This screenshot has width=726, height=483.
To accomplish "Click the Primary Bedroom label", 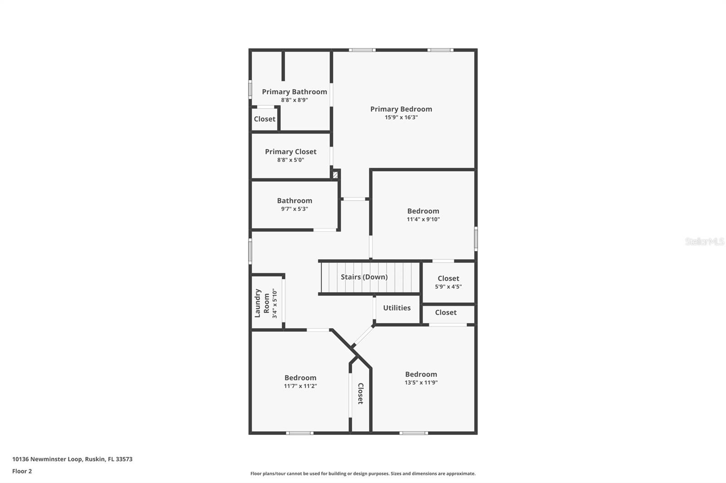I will pos(401,109).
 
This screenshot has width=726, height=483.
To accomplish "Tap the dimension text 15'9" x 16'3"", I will pos(401,117).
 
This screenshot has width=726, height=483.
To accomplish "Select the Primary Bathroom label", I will pos(294,92).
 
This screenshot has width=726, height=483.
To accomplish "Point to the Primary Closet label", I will pos(291,151).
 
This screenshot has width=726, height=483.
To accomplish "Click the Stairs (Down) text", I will pos(364,277).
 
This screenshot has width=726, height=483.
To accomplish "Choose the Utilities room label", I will pos(397,308).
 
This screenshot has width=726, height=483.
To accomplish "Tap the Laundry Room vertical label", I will pos(262,303).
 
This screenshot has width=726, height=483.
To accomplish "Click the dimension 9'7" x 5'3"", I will pos(294,209).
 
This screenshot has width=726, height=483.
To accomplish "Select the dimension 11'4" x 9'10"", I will pos(423,219).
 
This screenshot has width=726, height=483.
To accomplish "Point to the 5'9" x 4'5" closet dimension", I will pos(448,286).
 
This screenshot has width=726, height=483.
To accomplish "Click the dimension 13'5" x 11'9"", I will pos(421,382).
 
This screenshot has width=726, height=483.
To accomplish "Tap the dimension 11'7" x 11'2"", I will pos(300,386).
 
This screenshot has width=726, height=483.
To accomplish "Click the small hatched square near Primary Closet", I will pos(335,174).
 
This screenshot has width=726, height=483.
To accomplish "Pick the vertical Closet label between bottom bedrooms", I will pos(361,393).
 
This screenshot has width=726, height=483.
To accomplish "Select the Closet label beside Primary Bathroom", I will pos(265,119).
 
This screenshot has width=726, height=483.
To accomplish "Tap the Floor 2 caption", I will pos(22,471).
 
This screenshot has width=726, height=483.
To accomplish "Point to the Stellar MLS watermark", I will pos(704,241).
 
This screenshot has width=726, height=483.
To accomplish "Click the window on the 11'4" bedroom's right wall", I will pos(476,238).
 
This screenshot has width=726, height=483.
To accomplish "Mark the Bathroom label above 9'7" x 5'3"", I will pos(294,200).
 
